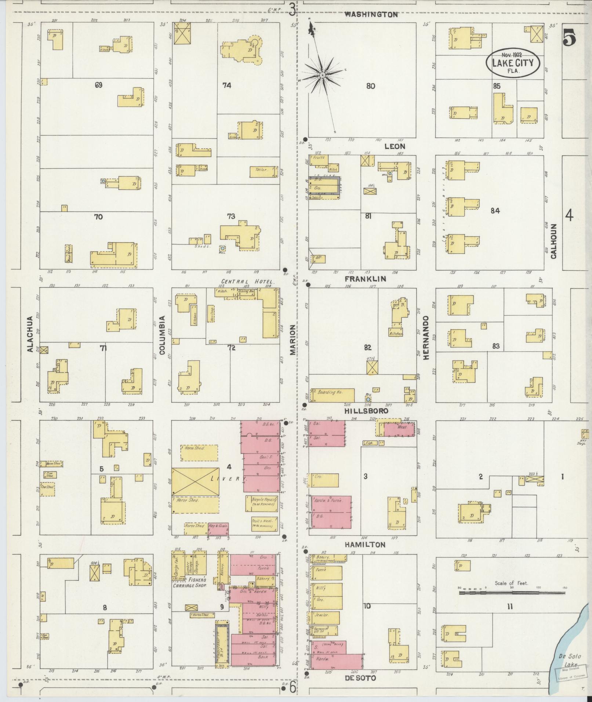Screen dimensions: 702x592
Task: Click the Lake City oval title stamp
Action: click(x=513, y=62)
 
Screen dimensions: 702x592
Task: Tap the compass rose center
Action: click(x=322, y=75)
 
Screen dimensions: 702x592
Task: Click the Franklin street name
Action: click(x=366, y=279)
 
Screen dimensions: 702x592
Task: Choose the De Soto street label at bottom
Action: click(x=360, y=678)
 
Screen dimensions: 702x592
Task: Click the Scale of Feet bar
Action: click(x=512, y=592)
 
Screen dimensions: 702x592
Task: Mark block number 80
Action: click(x=371, y=86)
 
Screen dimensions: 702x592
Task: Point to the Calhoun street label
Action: click(x=553, y=241)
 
